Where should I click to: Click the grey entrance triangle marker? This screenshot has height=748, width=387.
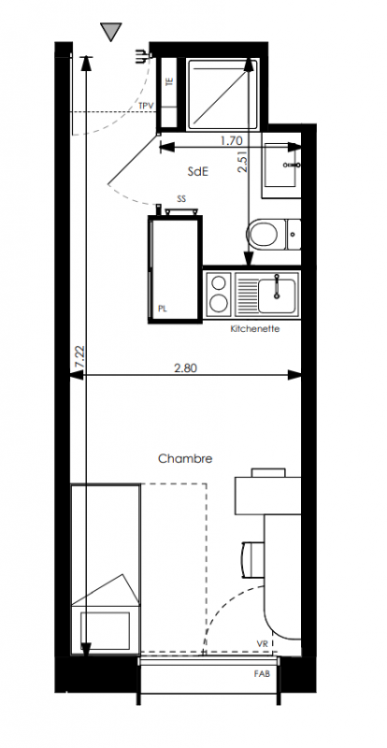[111, 31]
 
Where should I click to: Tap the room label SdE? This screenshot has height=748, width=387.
[198, 172]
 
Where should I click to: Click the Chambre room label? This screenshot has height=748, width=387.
[185, 459]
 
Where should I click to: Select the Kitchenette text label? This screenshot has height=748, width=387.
[255, 329]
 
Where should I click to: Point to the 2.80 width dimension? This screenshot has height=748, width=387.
[186, 367]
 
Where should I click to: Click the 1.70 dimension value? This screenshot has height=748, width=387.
[232, 141]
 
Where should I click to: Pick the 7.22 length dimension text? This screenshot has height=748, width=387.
[79, 356]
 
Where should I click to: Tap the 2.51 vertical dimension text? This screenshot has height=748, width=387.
[243, 162]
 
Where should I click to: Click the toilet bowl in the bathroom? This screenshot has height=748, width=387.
[263, 234]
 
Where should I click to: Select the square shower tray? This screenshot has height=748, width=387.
[222, 94]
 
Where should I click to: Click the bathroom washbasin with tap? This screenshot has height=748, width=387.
[282, 165]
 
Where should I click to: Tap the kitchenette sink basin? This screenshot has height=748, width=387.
[277, 290]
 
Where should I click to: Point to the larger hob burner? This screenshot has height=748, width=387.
[219, 302]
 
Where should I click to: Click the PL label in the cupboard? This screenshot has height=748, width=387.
[163, 309]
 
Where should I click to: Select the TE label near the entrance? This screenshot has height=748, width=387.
[168, 81]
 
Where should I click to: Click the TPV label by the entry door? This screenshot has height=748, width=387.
[146, 106]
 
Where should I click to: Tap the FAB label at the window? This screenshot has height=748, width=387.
[262, 674]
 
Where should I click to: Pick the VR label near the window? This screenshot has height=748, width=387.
[262, 644]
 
